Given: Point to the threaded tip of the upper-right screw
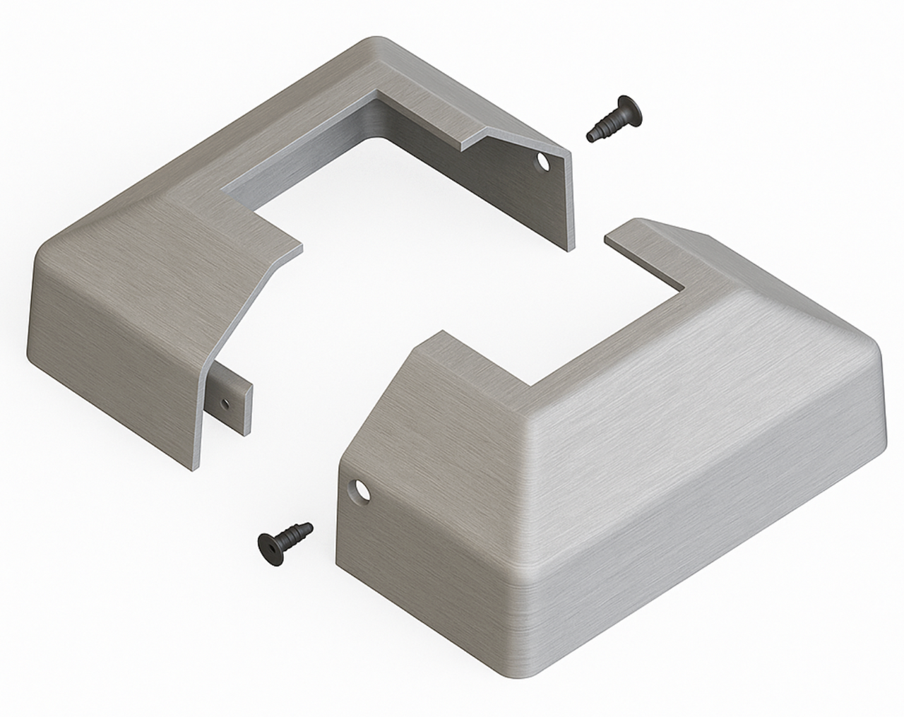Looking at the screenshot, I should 593,135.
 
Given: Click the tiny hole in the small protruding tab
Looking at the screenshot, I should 225,403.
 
